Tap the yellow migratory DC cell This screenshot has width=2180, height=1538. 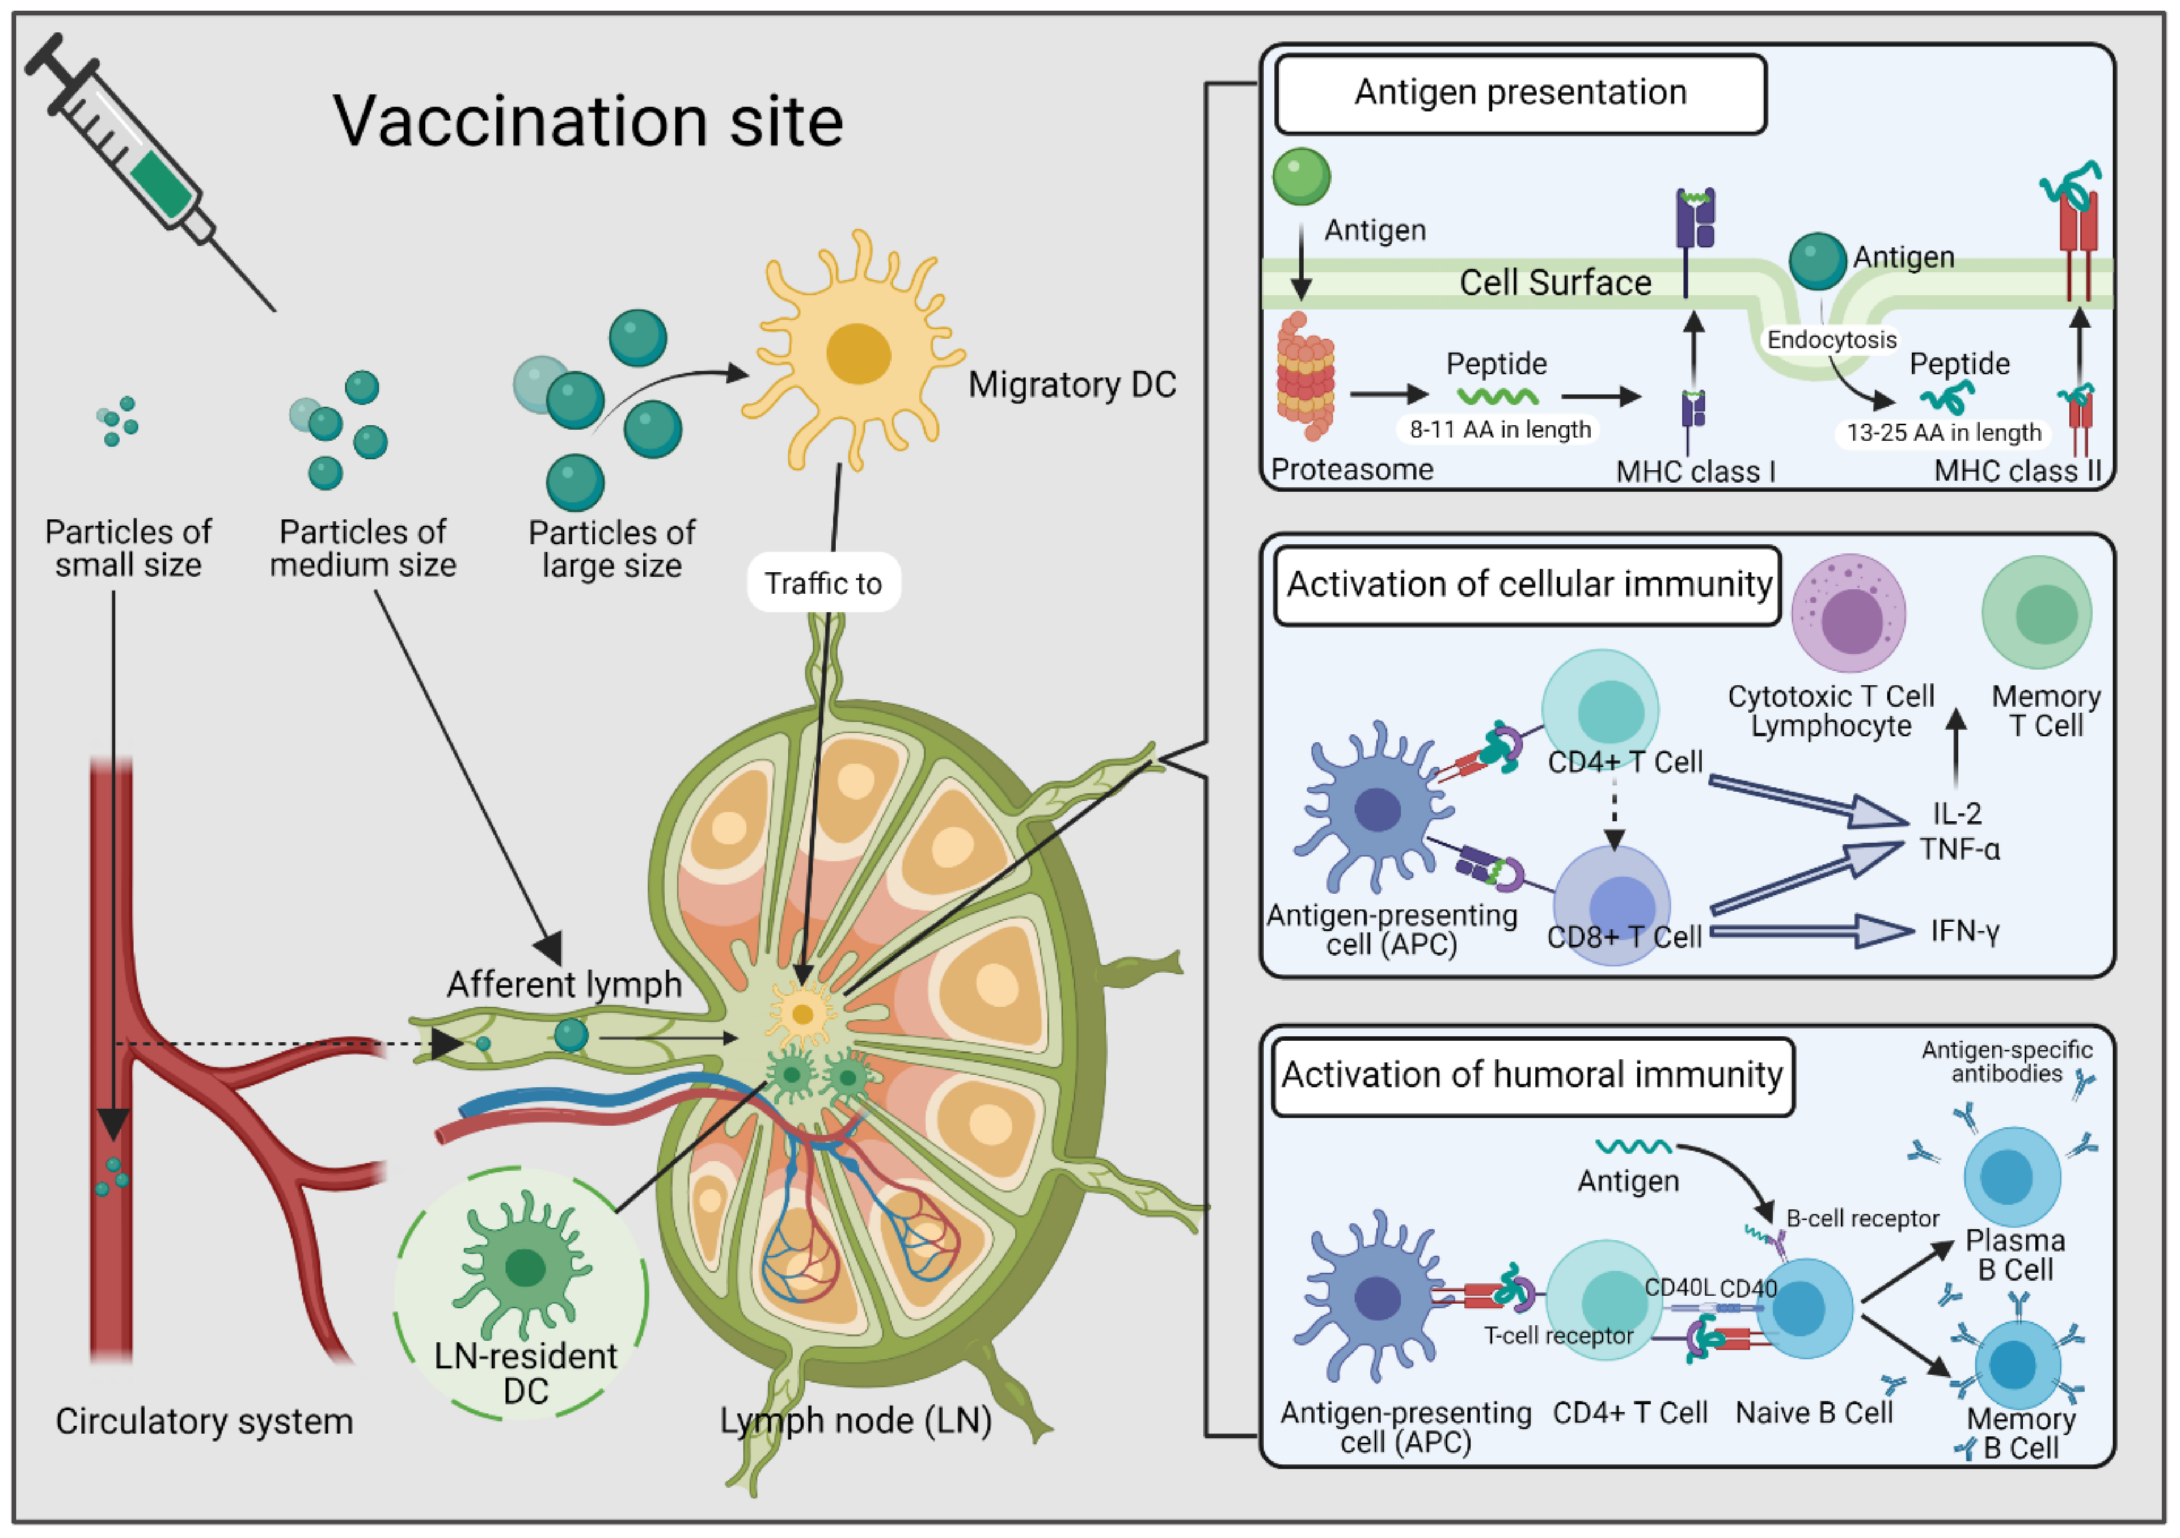[x=857, y=354]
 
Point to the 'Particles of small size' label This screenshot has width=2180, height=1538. [x=128, y=548]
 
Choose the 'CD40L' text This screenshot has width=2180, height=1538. [x=1679, y=1287]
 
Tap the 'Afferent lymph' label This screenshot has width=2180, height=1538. [x=564, y=985]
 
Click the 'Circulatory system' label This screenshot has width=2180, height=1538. [x=204, y=1421]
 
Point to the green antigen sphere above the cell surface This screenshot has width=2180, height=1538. [x=1301, y=176]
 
